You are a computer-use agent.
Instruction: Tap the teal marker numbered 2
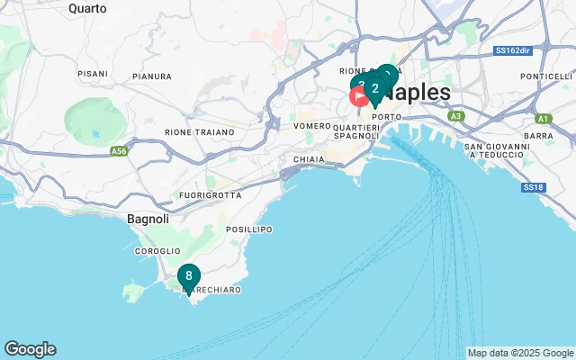(374, 88)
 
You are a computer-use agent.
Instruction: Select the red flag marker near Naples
(358, 96)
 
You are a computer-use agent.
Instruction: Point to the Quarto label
(86, 8)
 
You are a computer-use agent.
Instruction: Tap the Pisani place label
(92, 73)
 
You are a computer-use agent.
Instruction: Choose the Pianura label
(151, 77)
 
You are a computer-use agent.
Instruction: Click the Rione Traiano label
(199, 132)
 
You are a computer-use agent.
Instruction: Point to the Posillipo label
(248, 229)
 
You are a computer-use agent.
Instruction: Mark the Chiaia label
(308, 159)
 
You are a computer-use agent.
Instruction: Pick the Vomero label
(312, 126)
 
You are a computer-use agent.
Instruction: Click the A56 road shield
(119, 152)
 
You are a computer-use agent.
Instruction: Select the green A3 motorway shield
(456, 116)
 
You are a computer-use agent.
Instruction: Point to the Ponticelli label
(540, 76)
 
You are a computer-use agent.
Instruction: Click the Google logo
(30, 349)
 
